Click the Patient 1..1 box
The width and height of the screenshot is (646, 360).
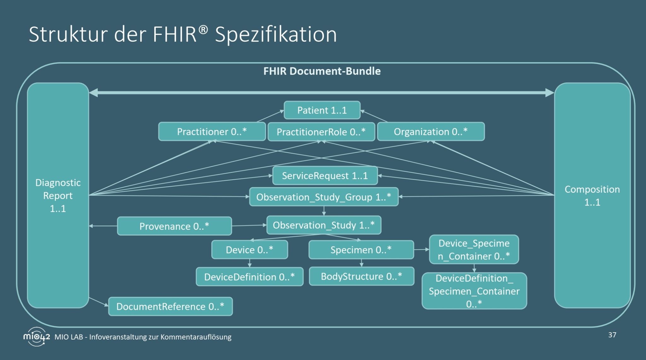(322, 110)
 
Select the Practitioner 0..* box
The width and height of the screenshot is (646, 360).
(212, 131)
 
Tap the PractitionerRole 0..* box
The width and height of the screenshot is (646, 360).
(321, 132)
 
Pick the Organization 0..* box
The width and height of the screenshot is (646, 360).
(431, 131)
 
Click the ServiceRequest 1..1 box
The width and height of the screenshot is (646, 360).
(325, 176)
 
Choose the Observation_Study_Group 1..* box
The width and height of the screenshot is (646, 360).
(324, 197)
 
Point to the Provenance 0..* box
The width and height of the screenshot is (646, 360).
(174, 226)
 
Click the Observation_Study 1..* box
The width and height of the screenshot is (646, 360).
(324, 225)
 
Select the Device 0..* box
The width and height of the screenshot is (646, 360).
(250, 250)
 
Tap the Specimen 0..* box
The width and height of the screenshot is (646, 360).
(361, 250)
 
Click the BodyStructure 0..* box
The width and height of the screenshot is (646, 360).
(361, 276)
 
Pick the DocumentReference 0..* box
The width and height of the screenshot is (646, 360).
(170, 306)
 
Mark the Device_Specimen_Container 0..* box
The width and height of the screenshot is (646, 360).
(474, 250)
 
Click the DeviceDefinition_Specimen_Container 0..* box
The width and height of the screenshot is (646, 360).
(474, 291)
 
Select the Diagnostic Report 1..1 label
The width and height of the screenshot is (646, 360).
(58, 195)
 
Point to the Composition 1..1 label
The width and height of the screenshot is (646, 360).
(592, 195)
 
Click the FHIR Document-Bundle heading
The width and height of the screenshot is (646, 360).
(322, 71)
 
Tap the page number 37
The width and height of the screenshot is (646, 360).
(612, 335)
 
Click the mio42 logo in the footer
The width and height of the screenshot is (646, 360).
(37, 337)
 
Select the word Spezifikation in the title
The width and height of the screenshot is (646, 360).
(276, 35)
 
